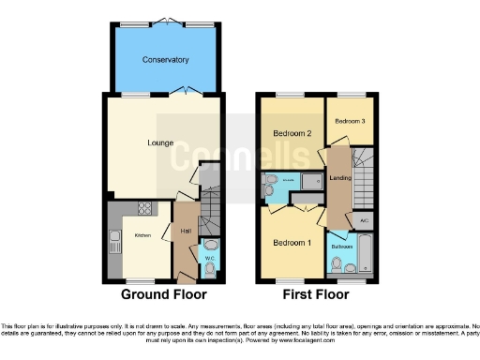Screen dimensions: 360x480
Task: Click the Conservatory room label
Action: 165,60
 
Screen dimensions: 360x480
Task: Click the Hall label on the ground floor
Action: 187,229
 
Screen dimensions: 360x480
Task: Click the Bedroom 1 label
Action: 292,243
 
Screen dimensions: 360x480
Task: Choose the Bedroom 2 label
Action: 292,133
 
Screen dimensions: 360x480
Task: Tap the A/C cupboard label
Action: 364,221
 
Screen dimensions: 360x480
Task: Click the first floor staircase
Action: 363,173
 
